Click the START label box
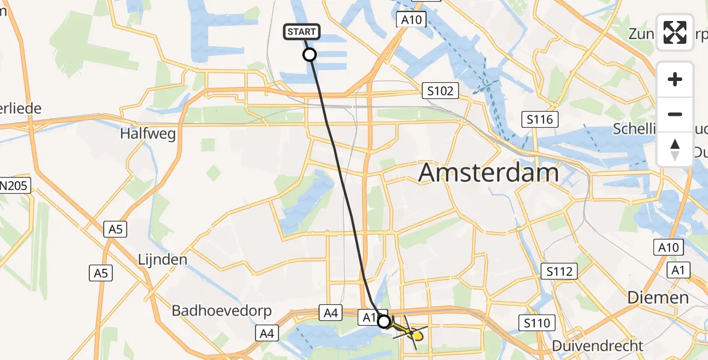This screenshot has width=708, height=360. [303, 32]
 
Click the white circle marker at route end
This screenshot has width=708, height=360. [384, 322]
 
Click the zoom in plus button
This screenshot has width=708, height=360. [676, 79]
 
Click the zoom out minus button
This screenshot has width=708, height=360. [676, 114]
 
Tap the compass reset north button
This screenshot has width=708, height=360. [676, 149]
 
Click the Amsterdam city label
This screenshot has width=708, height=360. [488, 173]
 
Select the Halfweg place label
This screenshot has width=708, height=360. [148, 133]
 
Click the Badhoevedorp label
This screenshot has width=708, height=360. [221, 311]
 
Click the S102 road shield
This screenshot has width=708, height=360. [440, 91]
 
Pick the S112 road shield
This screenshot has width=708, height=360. [559, 272]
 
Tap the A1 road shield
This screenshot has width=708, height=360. [678, 271]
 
